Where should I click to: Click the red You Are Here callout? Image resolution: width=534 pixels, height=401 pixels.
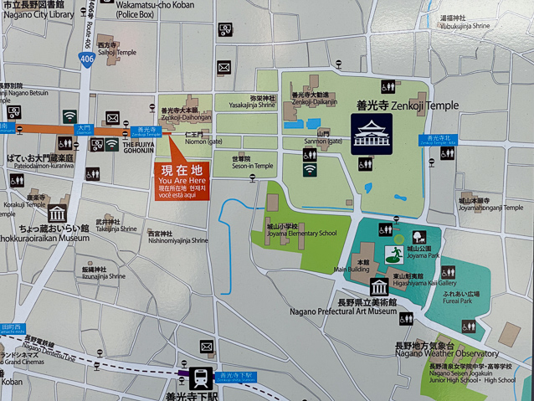point(181,179)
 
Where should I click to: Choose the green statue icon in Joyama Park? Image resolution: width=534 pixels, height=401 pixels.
point(390,253)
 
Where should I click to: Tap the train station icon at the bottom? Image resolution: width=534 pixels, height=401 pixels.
point(201,378)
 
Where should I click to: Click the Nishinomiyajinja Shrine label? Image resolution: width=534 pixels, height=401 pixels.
point(177,237)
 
